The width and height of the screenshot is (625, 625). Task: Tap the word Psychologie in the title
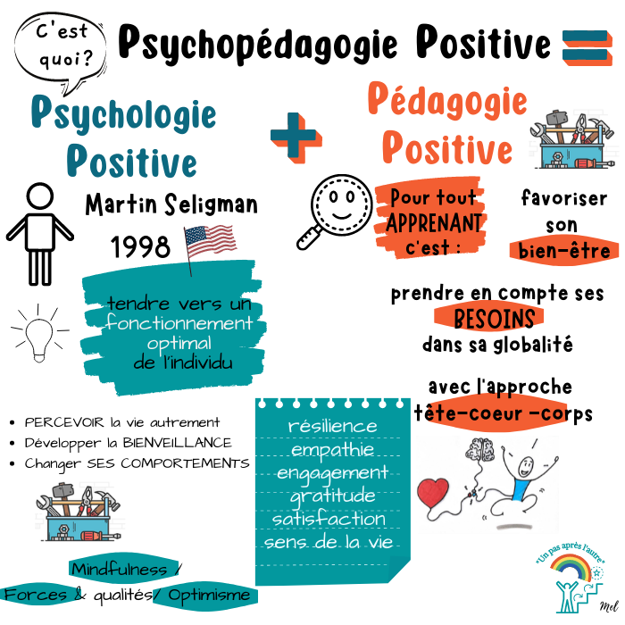tap(123, 113)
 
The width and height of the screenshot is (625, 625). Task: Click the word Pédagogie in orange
tap(446, 101)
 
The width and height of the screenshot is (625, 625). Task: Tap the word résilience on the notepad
tap(332, 426)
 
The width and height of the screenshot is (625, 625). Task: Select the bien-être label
tap(564, 251)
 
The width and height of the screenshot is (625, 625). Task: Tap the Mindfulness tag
tap(121, 570)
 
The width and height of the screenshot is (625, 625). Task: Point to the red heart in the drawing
tap(434, 495)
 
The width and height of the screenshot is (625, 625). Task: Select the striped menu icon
tap(587, 46)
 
